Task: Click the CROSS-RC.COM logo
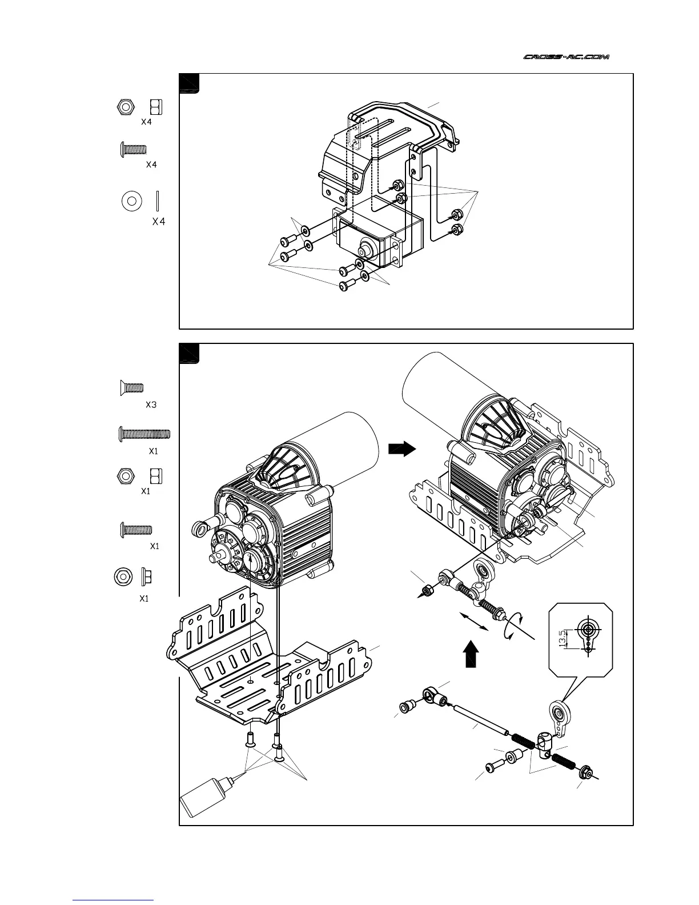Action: point(567,57)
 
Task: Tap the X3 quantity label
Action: point(151,405)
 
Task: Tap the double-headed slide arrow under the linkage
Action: point(475,621)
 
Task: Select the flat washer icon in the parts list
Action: point(132,201)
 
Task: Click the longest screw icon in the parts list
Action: point(144,434)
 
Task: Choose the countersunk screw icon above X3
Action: point(131,387)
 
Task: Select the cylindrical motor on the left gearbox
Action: point(337,451)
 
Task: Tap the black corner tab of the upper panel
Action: point(189,83)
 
